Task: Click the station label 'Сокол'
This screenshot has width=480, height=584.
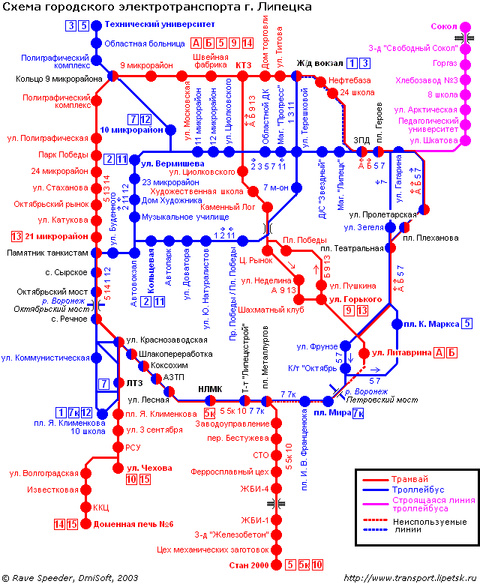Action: coord(445,26)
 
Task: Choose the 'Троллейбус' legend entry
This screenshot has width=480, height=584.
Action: coord(417,493)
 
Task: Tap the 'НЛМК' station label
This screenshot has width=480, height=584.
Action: coord(210,388)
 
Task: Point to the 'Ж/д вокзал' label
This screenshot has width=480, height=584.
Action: coord(319,63)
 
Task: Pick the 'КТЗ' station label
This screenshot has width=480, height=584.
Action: coord(244,65)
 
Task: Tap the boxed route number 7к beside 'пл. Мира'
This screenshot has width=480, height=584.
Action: coord(358,413)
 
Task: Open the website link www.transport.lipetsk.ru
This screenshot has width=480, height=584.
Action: coord(409,577)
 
